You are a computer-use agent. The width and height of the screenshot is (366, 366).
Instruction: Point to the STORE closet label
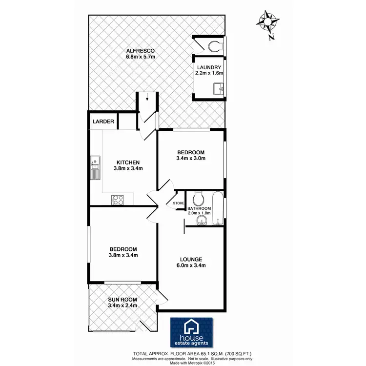point(178,203)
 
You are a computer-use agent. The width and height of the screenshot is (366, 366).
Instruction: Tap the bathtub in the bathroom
point(218,209)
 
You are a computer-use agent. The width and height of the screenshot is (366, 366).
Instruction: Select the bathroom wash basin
point(201,222)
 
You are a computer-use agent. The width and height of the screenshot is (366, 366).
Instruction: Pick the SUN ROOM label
point(122,299)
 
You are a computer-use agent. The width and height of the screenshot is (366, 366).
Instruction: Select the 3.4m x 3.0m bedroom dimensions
point(191,158)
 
